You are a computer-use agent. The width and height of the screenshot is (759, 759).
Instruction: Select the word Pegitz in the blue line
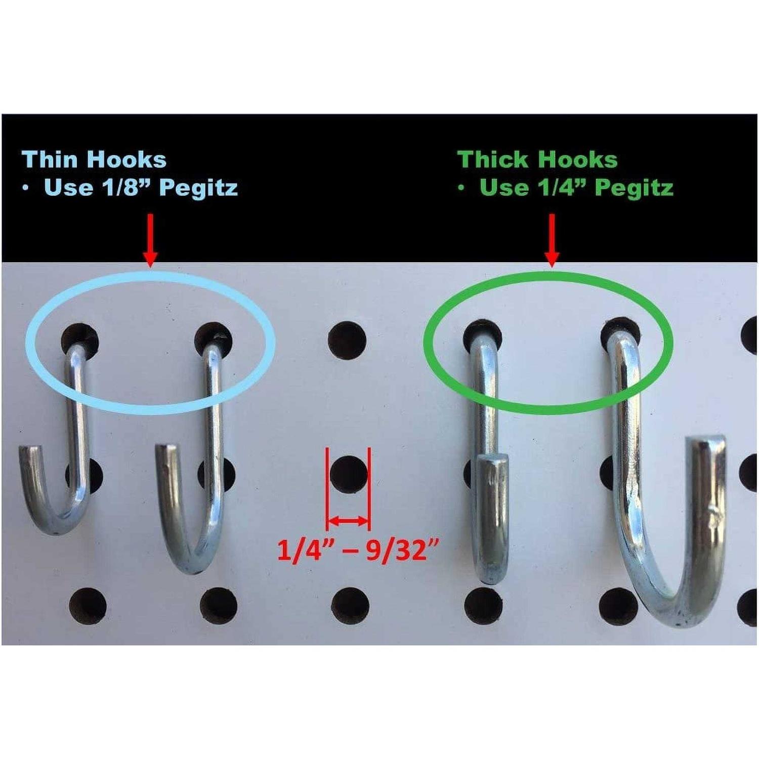[198, 188]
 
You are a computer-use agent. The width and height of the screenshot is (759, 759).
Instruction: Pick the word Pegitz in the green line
[634, 188]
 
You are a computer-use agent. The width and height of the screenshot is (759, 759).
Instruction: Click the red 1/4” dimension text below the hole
[300, 551]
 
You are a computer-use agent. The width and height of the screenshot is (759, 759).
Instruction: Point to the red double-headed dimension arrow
[348, 520]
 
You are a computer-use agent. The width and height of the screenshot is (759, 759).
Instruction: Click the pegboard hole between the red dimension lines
[349, 475]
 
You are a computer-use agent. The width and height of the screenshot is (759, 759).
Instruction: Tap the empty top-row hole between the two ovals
[347, 339]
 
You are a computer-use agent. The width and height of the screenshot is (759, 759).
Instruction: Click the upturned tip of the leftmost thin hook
[29, 449]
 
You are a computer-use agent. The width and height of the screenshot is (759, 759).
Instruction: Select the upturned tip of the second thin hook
[165, 448]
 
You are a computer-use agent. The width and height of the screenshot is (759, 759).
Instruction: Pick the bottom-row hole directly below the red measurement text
[350, 606]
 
